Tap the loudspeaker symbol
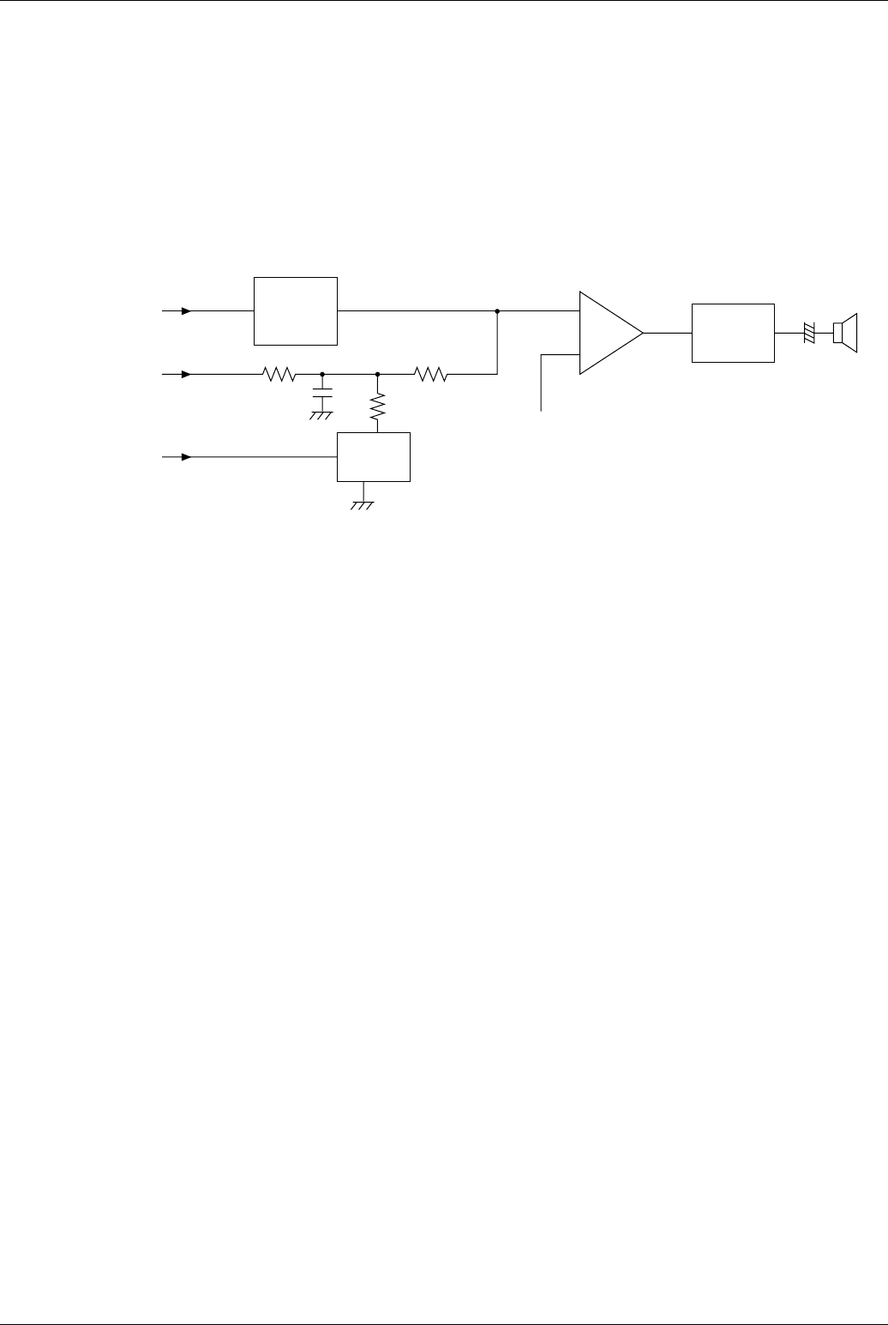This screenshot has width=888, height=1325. click(844, 333)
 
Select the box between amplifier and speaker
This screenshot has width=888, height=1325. click(733, 333)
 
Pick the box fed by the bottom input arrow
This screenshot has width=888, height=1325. click(374, 457)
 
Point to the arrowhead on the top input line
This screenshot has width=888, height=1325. click(186, 310)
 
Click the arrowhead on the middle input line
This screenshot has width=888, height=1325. click(186, 374)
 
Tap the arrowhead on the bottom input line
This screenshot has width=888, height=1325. click(186, 457)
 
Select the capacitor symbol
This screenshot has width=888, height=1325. click(321, 398)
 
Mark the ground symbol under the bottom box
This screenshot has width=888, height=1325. click(363, 506)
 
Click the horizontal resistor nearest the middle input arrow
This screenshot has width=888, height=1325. click(279, 374)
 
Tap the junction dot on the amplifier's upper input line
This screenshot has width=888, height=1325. click(497, 310)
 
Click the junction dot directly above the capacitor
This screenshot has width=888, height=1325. click(321, 374)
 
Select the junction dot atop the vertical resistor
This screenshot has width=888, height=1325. click(378, 374)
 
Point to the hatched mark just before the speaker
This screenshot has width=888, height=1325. click(808, 333)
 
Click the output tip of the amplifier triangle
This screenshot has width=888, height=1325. click(643, 333)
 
